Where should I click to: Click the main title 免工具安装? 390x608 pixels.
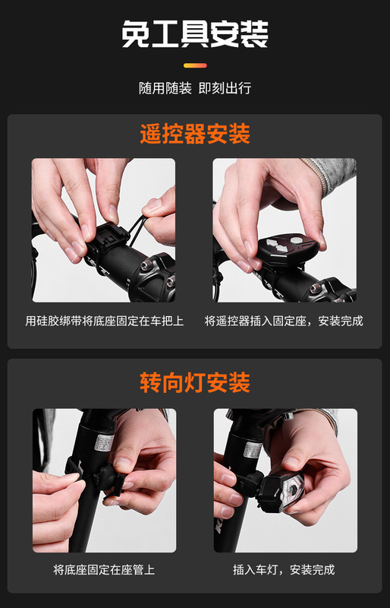(x=195, y=33)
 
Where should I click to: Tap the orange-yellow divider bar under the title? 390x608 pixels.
(x=195, y=65)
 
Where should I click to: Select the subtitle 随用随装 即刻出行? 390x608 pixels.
(x=195, y=88)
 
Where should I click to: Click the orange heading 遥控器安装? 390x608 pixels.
(x=195, y=134)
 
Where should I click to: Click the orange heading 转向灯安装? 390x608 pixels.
(x=195, y=382)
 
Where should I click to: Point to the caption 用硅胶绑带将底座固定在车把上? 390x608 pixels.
(x=104, y=321)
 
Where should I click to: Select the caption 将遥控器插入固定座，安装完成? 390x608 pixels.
(x=284, y=321)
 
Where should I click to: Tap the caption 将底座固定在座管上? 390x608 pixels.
(x=104, y=569)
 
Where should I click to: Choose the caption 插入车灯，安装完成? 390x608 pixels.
(x=284, y=569)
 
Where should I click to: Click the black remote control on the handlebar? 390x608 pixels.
(x=288, y=249)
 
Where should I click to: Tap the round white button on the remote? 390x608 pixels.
(x=297, y=239)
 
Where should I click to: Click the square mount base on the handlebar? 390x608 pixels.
(x=108, y=236)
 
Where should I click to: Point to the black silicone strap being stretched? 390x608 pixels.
(x=137, y=230)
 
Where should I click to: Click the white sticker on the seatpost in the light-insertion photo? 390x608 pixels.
(x=253, y=449)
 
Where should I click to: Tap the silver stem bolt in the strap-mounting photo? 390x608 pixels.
(x=147, y=265)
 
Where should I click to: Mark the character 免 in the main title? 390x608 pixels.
(x=135, y=34)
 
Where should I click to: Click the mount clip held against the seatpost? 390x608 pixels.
(x=114, y=482)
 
